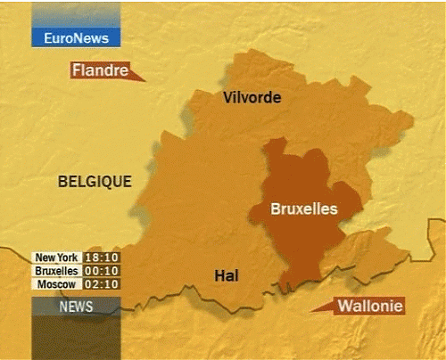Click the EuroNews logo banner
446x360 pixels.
point(76,38)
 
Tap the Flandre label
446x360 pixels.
point(100,70)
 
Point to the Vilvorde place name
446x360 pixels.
point(252,97)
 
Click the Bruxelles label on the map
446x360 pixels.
point(305,209)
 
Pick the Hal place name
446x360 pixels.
point(227,276)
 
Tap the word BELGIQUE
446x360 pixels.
point(95,182)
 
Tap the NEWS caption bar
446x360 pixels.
point(76,307)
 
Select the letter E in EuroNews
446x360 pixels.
point(48,39)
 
